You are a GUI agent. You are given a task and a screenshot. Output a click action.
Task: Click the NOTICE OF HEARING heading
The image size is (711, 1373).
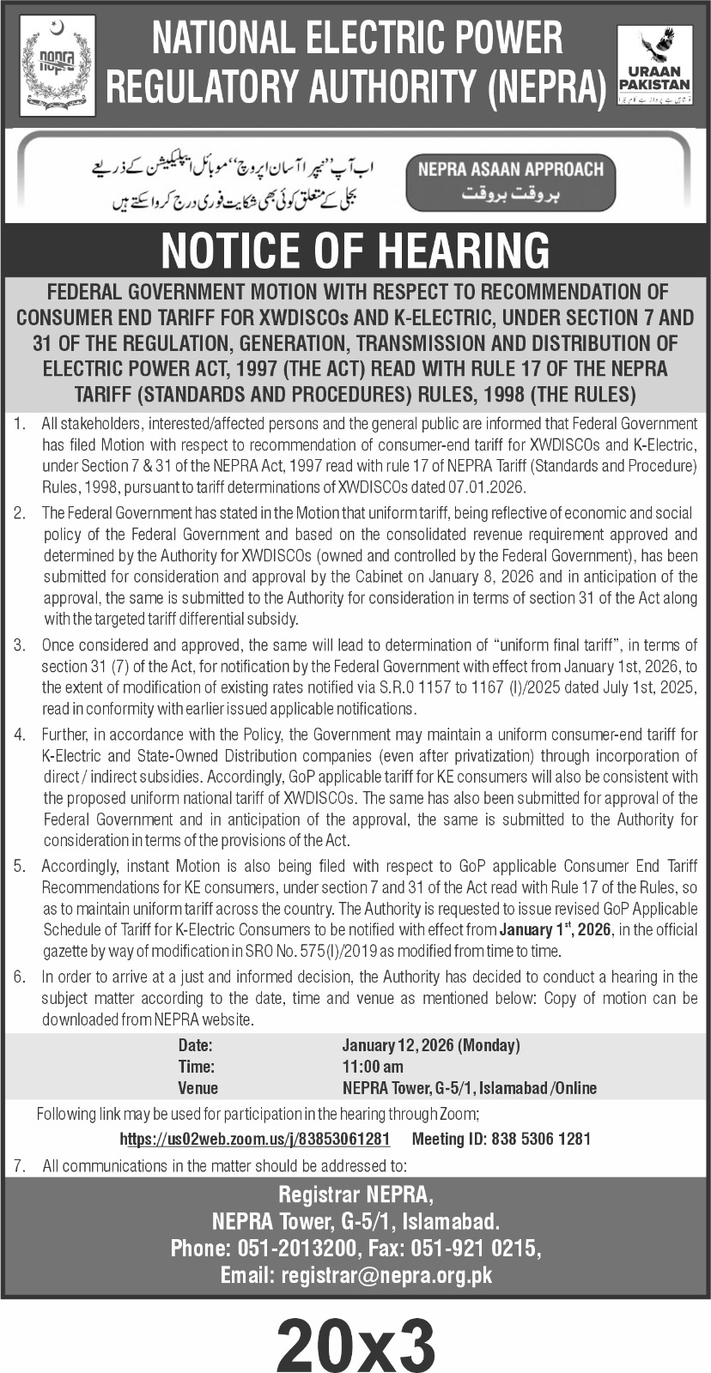[x=355, y=251]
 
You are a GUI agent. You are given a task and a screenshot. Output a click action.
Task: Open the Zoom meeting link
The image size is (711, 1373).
[x=255, y=1139]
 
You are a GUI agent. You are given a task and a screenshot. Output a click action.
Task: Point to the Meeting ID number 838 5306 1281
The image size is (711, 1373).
[x=540, y=1139]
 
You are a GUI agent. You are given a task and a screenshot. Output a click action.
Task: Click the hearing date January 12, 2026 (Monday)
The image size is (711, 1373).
[x=431, y=1045]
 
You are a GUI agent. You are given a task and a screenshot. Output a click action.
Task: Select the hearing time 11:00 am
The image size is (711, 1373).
[x=373, y=1067]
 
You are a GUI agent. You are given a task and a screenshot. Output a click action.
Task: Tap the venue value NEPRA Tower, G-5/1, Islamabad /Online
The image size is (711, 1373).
[x=469, y=1088]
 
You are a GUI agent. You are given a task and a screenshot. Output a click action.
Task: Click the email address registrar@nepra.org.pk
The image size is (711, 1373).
[x=387, y=1274]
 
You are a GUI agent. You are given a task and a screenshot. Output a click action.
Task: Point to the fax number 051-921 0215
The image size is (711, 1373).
[x=483, y=1247]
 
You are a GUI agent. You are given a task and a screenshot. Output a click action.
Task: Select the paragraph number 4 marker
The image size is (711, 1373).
[x=19, y=735]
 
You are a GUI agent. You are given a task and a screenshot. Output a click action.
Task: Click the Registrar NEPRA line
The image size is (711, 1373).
[x=355, y=1194]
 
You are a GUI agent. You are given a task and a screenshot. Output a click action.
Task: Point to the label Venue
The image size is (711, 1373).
[x=197, y=1088]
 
